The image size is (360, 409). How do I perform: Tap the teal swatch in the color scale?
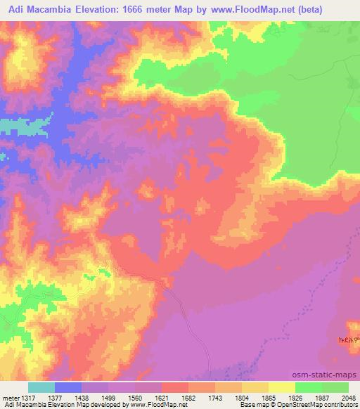coord(41,387)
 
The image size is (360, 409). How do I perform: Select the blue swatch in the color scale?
coord(67,387)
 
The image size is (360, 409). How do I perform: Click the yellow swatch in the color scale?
coord(282,387)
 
